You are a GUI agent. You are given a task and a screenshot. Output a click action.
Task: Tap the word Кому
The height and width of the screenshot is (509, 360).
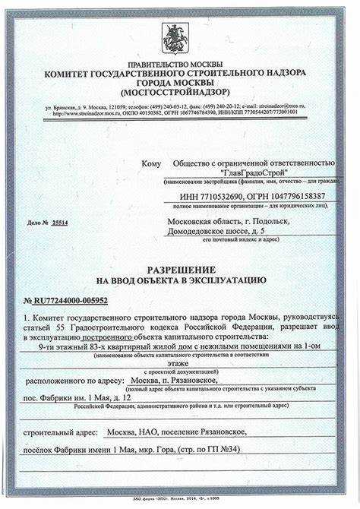[x=151, y=163]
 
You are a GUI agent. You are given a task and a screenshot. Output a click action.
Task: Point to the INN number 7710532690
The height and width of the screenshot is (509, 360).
[x=229, y=196]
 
